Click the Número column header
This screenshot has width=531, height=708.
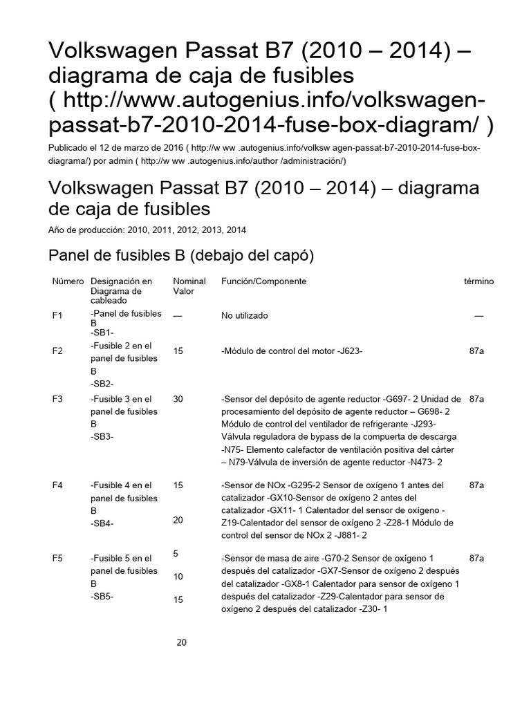coord(68,281)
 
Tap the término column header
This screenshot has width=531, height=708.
coord(478,281)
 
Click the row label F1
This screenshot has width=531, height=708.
coord(57,315)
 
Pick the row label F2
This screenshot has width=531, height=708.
coord(57,351)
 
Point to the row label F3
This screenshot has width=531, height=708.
coord(57,400)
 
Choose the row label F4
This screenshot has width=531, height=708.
coord(57,485)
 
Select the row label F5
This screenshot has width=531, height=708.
coord(57,557)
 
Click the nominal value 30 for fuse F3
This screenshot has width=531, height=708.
coord(178,400)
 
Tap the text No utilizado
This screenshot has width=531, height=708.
coord(245,315)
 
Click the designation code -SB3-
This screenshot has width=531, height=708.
coord(102,437)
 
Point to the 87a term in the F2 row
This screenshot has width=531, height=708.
coord(476,351)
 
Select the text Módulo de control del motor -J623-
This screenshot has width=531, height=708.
coord(292,351)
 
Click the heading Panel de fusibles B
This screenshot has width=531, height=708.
coord(180,256)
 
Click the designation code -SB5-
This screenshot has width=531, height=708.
coord(102,595)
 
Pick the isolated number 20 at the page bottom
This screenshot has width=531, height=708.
coord(182,642)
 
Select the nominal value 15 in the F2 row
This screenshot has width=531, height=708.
coord(178,351)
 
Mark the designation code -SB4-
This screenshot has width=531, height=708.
coord(102,523)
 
